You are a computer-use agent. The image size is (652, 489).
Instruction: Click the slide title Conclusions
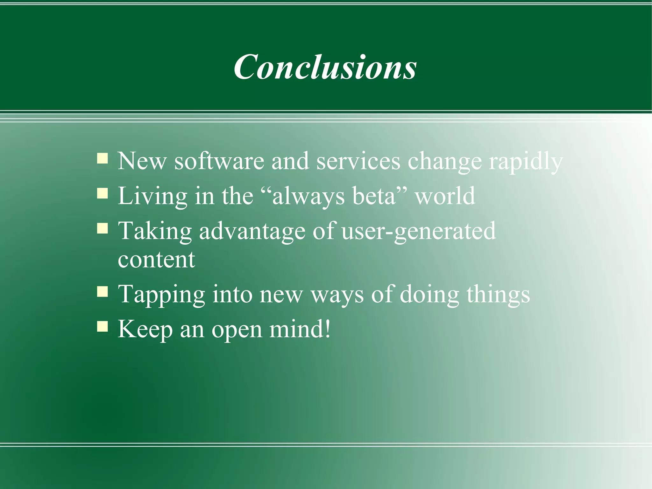(325, 67)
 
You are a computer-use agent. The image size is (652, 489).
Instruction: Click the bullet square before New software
(103, 158)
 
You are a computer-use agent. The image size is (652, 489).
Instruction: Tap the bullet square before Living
(103, 193)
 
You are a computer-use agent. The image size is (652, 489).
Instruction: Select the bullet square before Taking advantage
(103, 228)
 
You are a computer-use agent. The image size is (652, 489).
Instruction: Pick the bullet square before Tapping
(103, 291)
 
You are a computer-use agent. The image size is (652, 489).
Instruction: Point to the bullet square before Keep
(103, 327)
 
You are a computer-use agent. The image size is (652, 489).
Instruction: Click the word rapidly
(526, 162)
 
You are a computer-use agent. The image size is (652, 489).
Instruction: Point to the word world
(445, 196)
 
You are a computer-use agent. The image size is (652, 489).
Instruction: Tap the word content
(156, 260)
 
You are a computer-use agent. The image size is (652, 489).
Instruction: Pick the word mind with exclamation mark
(300, 329)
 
